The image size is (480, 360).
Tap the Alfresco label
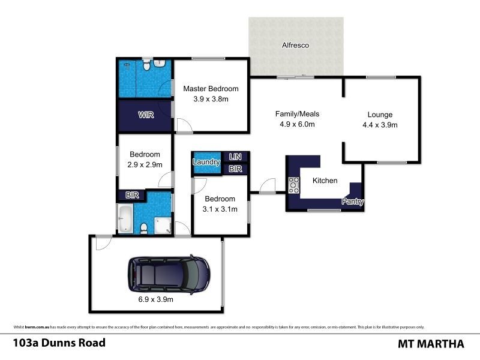click(296, 45)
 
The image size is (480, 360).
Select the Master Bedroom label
click(206, 89)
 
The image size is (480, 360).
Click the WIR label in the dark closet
click(146, 115)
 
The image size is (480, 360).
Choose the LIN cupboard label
click(235, 157)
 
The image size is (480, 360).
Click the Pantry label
click(353, 202)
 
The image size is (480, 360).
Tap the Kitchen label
click(325, 181)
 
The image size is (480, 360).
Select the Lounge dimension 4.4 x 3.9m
click(380, 125)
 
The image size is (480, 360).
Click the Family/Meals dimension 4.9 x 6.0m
click(296, 124)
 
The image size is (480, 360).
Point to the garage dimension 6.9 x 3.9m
click(153, 300)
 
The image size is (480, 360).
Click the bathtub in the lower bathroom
click(125, 219)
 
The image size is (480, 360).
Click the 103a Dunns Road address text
click(59, 343)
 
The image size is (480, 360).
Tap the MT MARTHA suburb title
click(431, 344)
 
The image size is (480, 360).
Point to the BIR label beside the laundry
click(235, 169)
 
